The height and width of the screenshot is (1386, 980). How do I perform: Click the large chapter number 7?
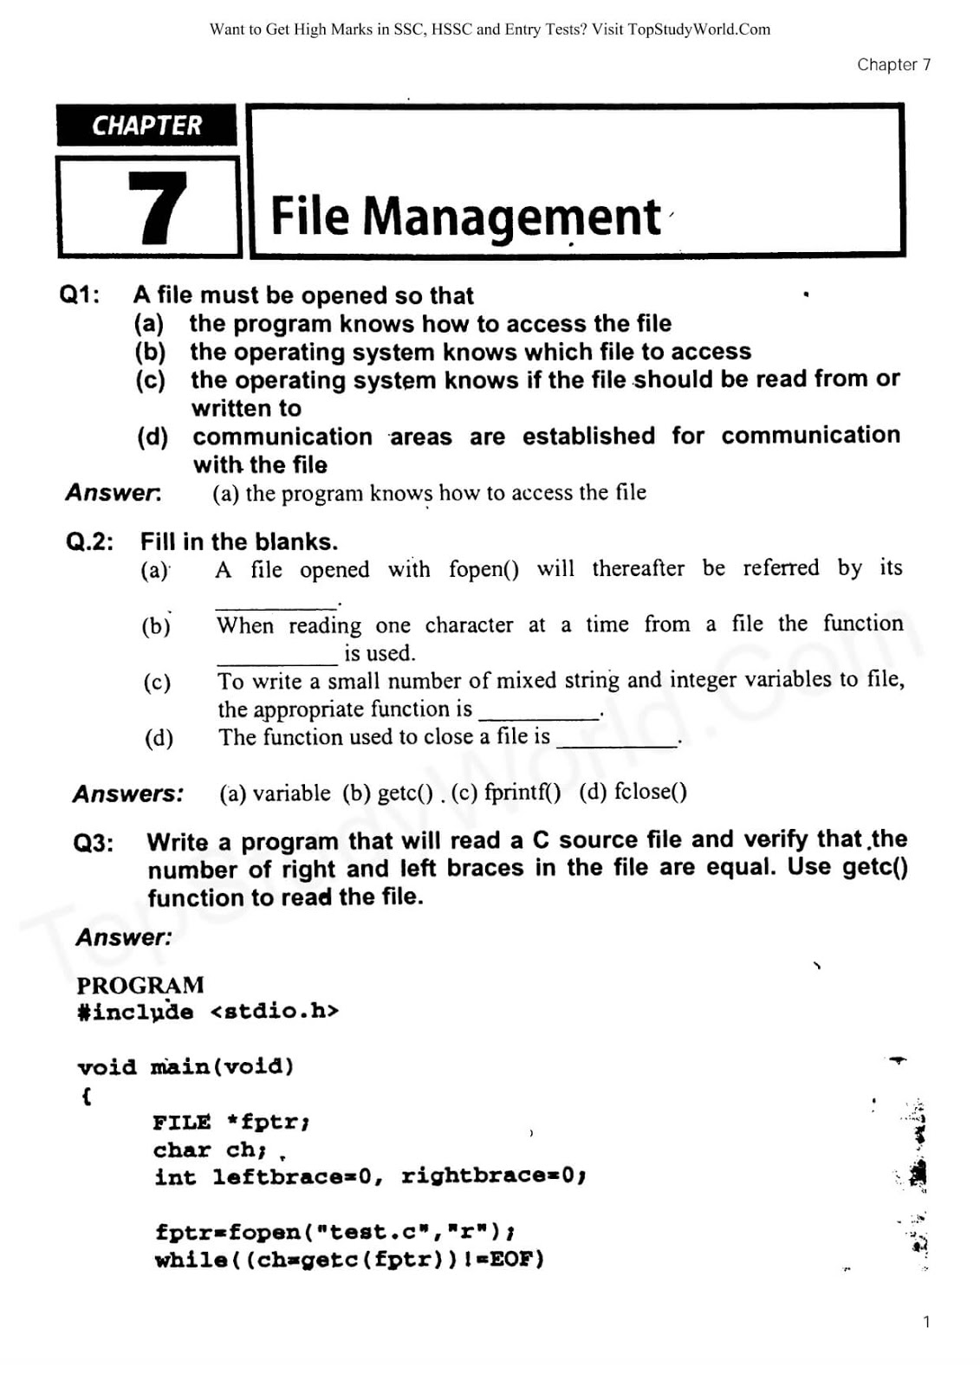click(157, 208)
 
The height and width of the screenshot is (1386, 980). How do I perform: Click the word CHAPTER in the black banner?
click(146, 126)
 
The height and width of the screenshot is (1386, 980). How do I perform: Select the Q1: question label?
click(80, 295)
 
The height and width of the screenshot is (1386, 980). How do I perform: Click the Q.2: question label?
click(89, 542)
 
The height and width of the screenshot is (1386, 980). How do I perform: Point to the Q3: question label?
click(94, 843)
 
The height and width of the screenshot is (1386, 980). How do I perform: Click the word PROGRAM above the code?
click(140, 985)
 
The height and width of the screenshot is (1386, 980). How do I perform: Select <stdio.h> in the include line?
click(274, 1011)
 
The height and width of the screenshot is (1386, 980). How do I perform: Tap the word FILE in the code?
click(182, 1123)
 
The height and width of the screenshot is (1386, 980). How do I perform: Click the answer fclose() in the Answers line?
click(650, 792)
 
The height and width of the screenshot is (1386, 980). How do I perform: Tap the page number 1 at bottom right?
click(926, 1322)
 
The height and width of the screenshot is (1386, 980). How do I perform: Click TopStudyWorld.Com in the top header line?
click(698, 29)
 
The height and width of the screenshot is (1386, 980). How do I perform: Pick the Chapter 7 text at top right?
click(893, 65)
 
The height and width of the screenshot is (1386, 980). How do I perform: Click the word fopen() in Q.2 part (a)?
click(484, 569)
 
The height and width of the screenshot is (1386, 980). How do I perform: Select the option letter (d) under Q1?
click(153, 437)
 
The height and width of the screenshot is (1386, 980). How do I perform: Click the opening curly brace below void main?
click(86, 1096)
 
